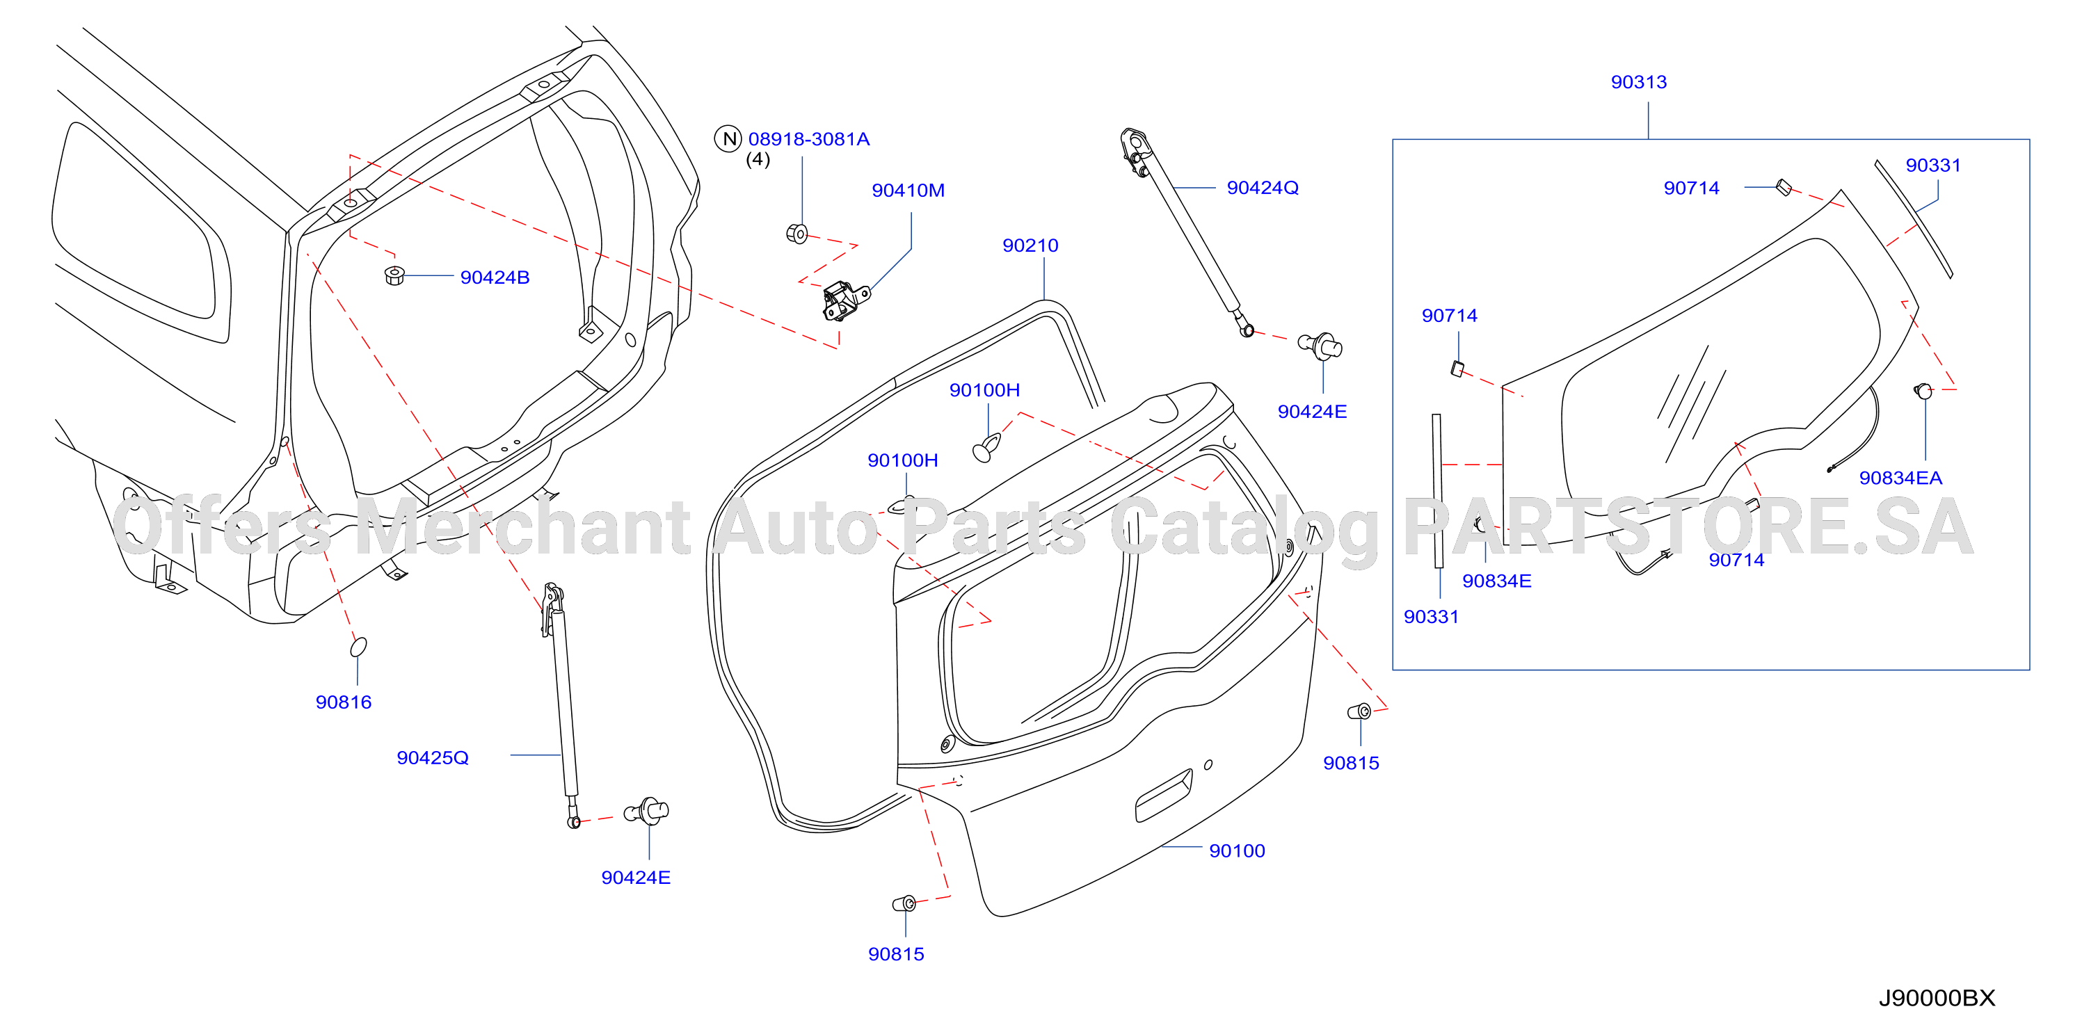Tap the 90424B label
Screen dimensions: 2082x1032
[495, 278]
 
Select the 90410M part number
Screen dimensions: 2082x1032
[908, 191]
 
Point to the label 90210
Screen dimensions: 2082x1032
[1030, 245]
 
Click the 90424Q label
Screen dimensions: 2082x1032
[1263, 188]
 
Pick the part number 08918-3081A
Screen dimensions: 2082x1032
[808, 139]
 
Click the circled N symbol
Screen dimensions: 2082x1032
[728, 139]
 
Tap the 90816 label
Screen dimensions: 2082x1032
[344, 702]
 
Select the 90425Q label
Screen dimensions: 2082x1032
[433, 758]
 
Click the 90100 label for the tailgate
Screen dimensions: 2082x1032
[1237, 851]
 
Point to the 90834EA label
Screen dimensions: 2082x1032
[1900, 478]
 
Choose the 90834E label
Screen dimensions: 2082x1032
[1496, 581]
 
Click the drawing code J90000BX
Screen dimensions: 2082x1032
[1937, 998]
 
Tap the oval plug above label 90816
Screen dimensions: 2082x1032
[358, 647]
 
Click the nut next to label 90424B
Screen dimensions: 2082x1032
[394, 275]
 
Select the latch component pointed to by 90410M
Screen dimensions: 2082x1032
[844, 300]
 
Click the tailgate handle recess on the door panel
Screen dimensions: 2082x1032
[1164, 796]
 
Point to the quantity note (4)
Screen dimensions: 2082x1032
[758, 160]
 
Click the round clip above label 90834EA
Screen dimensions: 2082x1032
[1923, 391]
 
